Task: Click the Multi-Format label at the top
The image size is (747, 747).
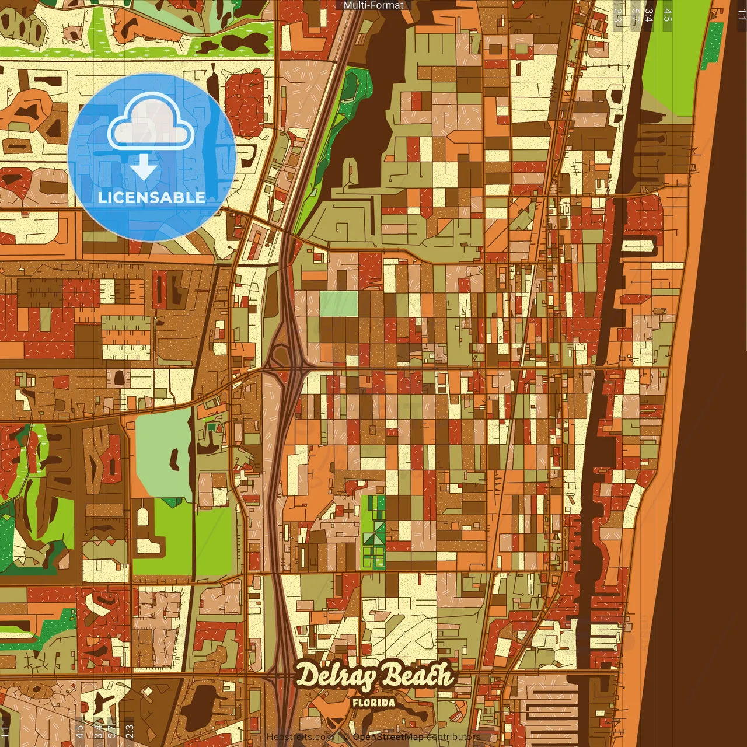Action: point(373,5)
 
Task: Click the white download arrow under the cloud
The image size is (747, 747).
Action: point(144,167)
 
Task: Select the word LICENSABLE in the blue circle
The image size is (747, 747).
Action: point(151,197)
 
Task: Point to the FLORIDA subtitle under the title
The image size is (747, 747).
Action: point(373,703)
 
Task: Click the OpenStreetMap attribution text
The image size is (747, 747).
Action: point(388,737)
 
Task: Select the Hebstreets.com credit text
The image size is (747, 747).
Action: point(299,737)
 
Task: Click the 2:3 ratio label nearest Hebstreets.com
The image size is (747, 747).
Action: point(129,730)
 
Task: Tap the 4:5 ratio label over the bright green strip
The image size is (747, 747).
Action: point(668,15)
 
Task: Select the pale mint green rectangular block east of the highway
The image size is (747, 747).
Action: point(338,303)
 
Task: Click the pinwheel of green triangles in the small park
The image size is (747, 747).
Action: point(373,537)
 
